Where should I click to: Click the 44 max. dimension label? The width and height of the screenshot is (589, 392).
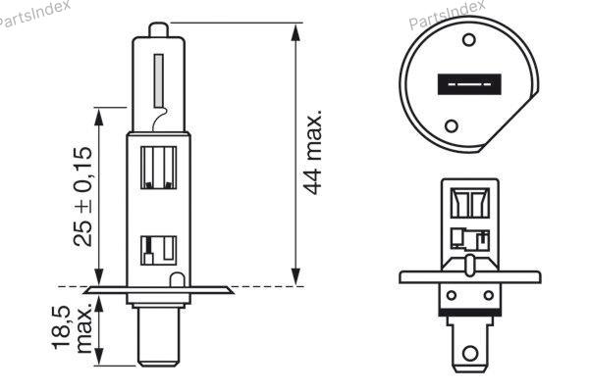(x=312, y=152)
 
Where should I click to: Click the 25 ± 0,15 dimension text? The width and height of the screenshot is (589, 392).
(x=82, y=197)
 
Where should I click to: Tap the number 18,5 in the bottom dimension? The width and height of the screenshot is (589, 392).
(x=61, y=327)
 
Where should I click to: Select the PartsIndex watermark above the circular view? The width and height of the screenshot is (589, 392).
(x=447, y=15)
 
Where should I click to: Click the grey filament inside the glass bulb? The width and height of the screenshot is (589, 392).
(x=158, y=81)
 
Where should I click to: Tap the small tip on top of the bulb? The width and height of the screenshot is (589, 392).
(x=158, y=29)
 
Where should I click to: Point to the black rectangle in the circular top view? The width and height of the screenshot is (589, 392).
(x=469, y=84)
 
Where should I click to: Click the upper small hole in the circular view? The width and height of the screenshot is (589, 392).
(x=469, y=39)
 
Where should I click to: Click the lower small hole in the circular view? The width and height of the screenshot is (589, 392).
(x=452, y=125)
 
